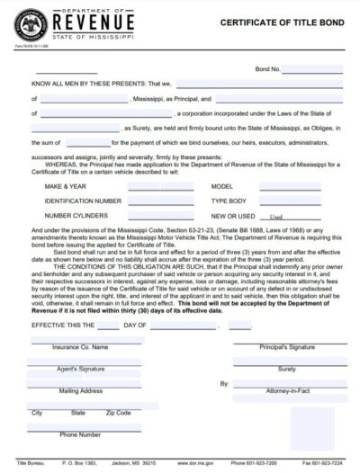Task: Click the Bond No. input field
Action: (312, 68)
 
